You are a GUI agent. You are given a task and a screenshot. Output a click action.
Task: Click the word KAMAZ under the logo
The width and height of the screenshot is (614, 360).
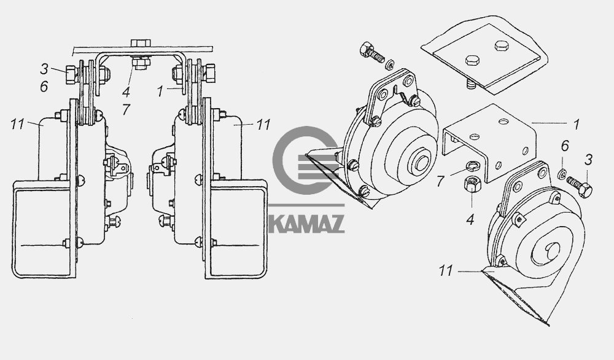306,224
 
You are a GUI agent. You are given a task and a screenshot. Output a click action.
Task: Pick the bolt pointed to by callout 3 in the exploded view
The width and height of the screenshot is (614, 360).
579,187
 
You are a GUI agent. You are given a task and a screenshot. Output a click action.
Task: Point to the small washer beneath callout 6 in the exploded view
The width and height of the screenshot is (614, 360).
562,174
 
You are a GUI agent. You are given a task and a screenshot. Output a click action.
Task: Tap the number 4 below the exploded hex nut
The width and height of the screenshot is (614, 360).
470,220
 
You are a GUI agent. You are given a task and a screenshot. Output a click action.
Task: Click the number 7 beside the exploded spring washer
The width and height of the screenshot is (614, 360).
440,181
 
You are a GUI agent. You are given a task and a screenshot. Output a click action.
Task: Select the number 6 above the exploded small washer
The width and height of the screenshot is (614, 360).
565,146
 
